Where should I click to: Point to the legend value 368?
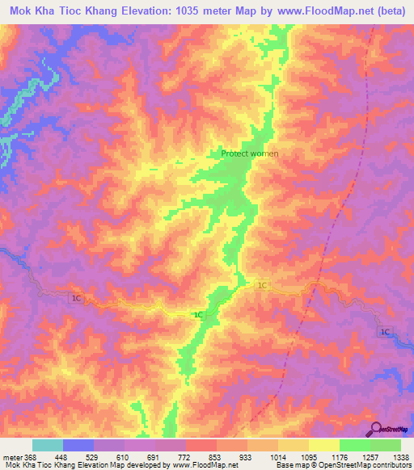click(30, 457)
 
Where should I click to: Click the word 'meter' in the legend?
click(11, 457)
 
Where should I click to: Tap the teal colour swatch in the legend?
click(48, 445)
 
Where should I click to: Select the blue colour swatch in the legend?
click(78, 445)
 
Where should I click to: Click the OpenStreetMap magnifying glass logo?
click(377, 429)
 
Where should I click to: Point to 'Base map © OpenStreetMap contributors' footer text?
click(342, 466)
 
